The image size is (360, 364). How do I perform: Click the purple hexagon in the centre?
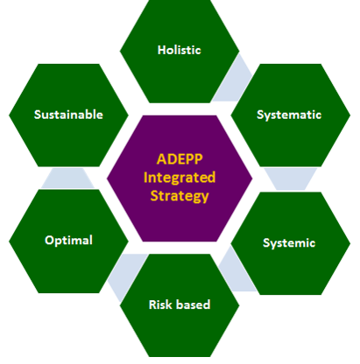pyautogui.click(x=180, y=178)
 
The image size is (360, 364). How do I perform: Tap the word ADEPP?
pyautogui.click(x=180, y=159)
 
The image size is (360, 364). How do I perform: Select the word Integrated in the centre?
pyautogui.click(x=180, y=178)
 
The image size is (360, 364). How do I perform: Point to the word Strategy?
pyautogui.click(x=180, y=196)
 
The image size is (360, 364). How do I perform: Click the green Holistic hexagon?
pyautogui.click(x=180, y=51)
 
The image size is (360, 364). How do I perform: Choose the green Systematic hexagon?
pyautogui.click(x=291, y=115)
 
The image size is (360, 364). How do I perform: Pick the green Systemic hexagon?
pyautogui.click(x=291, y=243)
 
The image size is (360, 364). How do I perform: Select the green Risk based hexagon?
pyautogui.click(x=180, y=305)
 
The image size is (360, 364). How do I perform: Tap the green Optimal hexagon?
pyautogui.click(x=68, y=241)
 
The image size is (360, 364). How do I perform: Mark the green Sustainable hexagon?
pyautogui.click(x=68, y=115)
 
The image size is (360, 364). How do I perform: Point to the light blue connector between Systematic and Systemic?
pyautogui.click(x=291, y=179)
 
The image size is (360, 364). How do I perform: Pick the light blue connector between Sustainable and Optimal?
pyautogui.click(x=67, y=178)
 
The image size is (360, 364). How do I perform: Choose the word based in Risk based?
pyautogui.click(x=193, y=304)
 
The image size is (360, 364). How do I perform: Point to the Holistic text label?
pyautogui.click(x=180, y=50)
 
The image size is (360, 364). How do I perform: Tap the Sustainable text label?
pyautogui.click(x=68, y=115)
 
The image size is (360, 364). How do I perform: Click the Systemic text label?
pyautogui.click(x=289, y=243)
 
